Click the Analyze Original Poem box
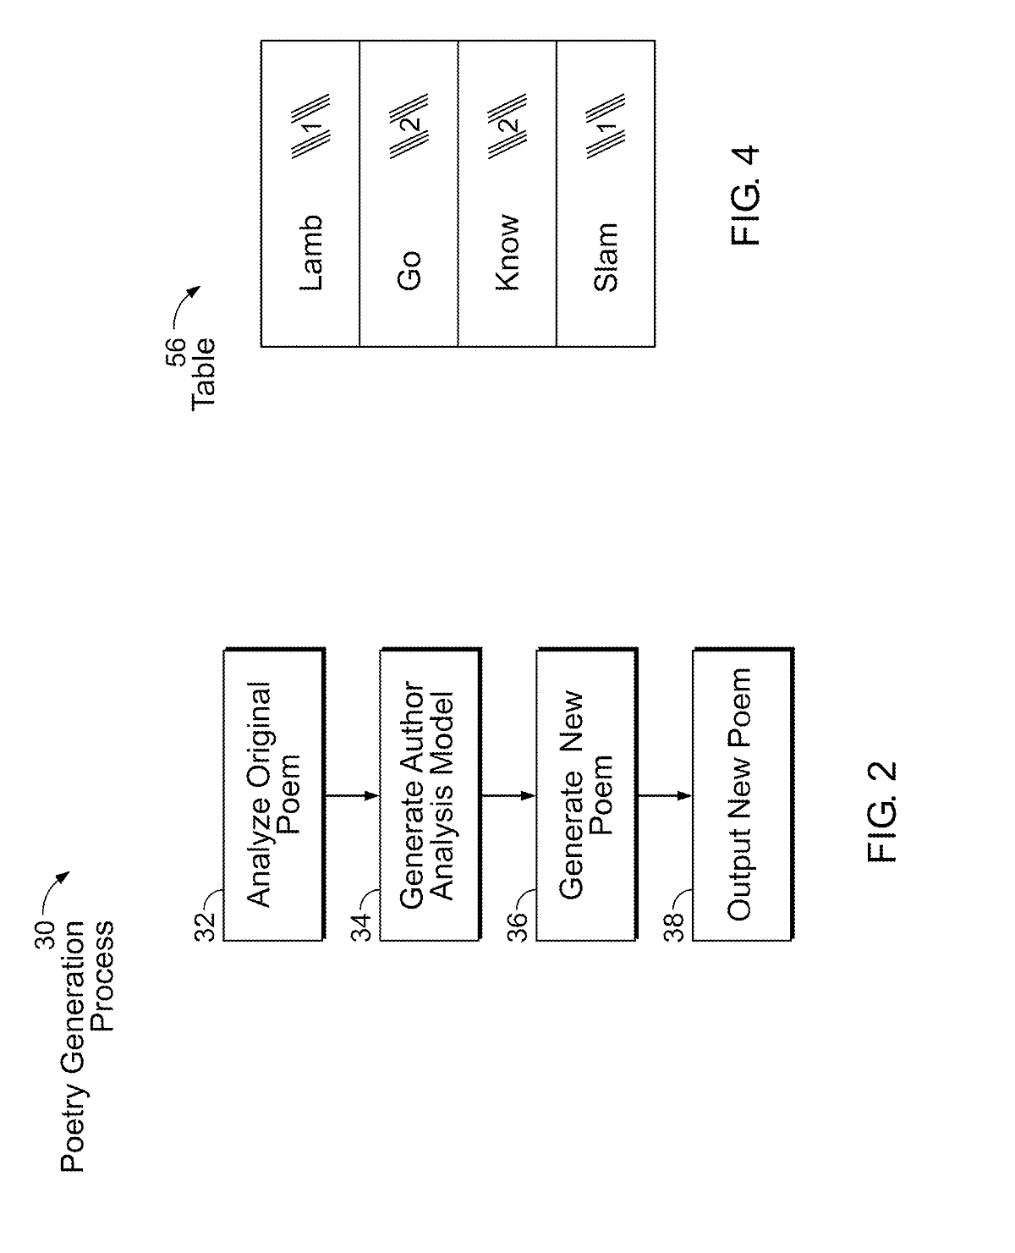pos(273,794)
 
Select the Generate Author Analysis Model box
pos(430,794)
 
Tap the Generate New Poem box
pos(586,794)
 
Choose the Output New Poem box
pos(742,794)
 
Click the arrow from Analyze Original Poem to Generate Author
pos(352,795)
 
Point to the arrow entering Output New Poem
pos(665,795)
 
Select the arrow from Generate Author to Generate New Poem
pos(508,795)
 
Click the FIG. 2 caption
pos(883,812)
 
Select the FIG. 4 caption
pos(746,196)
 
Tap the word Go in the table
pos(409,271)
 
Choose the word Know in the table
pos(507,254)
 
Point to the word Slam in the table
pos(606,257)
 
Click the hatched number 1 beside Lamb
pos(310,127)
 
